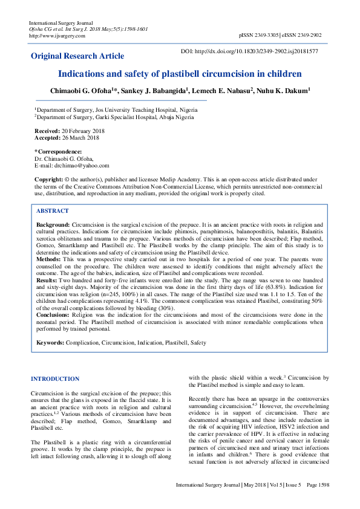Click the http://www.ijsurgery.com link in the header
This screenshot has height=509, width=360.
[57, 36]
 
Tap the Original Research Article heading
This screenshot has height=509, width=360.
[78, 56]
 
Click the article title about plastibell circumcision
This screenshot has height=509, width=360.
[180, 74]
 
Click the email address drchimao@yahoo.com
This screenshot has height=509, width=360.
[81, 165]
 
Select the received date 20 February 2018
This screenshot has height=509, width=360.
[85, 131]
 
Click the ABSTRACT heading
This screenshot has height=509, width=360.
[53, 211]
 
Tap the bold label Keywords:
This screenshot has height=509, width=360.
[50, 343]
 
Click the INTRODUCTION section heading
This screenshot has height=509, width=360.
[55, 379]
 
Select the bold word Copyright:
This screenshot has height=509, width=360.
[48, 180]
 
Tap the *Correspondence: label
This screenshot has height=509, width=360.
[58, 151]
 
